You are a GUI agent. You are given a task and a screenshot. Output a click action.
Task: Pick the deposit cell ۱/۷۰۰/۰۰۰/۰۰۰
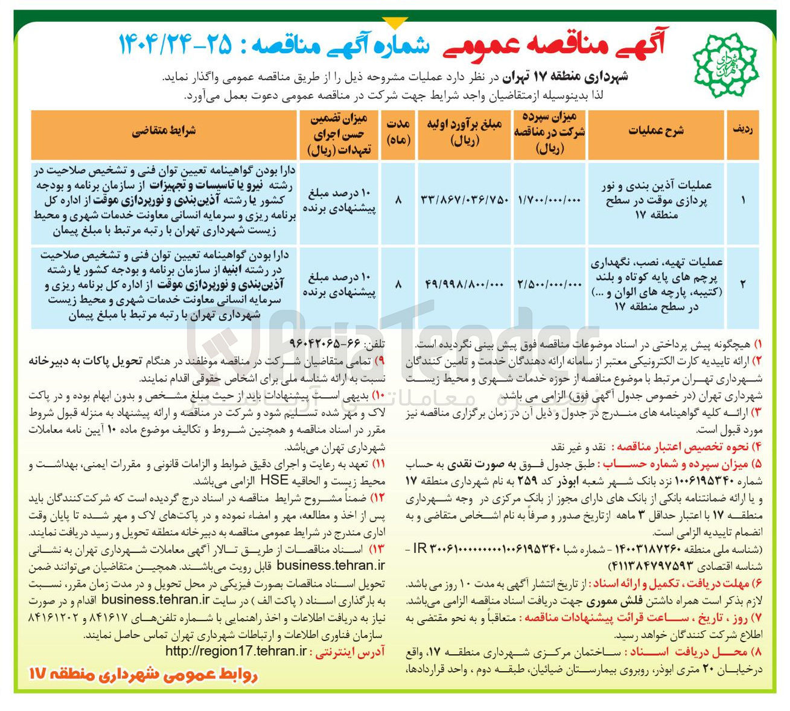tap(549, 201)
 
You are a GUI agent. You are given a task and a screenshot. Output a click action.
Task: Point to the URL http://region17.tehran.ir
tap(236, 651)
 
